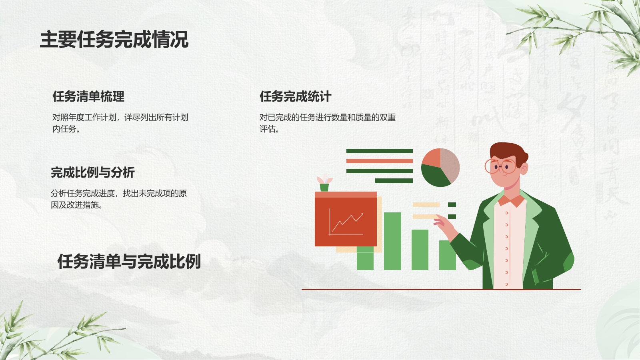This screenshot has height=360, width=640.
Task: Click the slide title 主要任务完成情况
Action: [114, 40]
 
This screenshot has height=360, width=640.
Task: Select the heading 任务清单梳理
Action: [88, 96]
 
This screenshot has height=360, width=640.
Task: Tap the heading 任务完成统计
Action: [295, 96]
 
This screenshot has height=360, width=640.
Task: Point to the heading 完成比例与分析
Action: [93, 172]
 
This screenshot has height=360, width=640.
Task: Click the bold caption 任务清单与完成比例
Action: [129, 262]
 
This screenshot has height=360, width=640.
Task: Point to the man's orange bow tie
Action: [511, 200]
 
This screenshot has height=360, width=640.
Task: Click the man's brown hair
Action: [507, 152]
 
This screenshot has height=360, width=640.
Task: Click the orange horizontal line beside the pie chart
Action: [379, 161]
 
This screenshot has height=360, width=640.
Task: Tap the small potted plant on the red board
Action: [324, 184]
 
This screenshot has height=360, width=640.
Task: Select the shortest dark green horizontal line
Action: [394, 181]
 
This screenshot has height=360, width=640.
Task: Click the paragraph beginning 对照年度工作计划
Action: [120, 123]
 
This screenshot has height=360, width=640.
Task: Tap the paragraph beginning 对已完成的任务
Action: [327, 123]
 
